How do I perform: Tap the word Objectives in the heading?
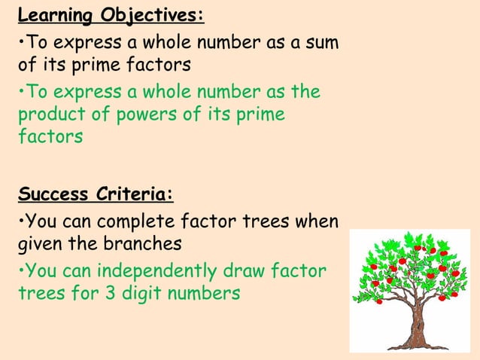[151, 15]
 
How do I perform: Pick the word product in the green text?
[46, 115]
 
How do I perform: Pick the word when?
[318, 222]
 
